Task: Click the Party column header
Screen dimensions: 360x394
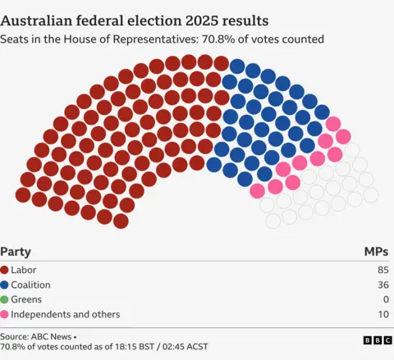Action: pyautogui.click(x=16, y=252)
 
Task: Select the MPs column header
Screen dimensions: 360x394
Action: pyautogui.click(x=377, y=252)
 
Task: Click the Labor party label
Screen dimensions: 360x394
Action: pyautogui.click(x=24, y=270)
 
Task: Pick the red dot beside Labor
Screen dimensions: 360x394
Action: pyautogui.click(x=6, y=270)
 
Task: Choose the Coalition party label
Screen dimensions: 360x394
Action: pyautogui.click(x=32, y=285)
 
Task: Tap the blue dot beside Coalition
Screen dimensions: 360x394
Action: pyautogui.click(x=6, y=285)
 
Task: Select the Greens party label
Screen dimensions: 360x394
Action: pyautogui.click(x=27, y=299)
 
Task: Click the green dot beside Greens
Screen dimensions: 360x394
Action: pyautogui.click(x=6, y=299)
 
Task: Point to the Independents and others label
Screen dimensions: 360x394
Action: pyautogui.click(x=66, y=314)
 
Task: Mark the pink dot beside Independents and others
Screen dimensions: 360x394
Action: pyautogui.click(x=6, y=314)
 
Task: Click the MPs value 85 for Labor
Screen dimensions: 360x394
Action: pyautogui.click(x=383, y=270)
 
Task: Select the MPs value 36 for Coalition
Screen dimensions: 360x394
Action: pyautogui.click(x=383, y=285)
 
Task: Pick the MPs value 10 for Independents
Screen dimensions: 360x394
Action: pyautogui.click(x=383, y=314)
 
